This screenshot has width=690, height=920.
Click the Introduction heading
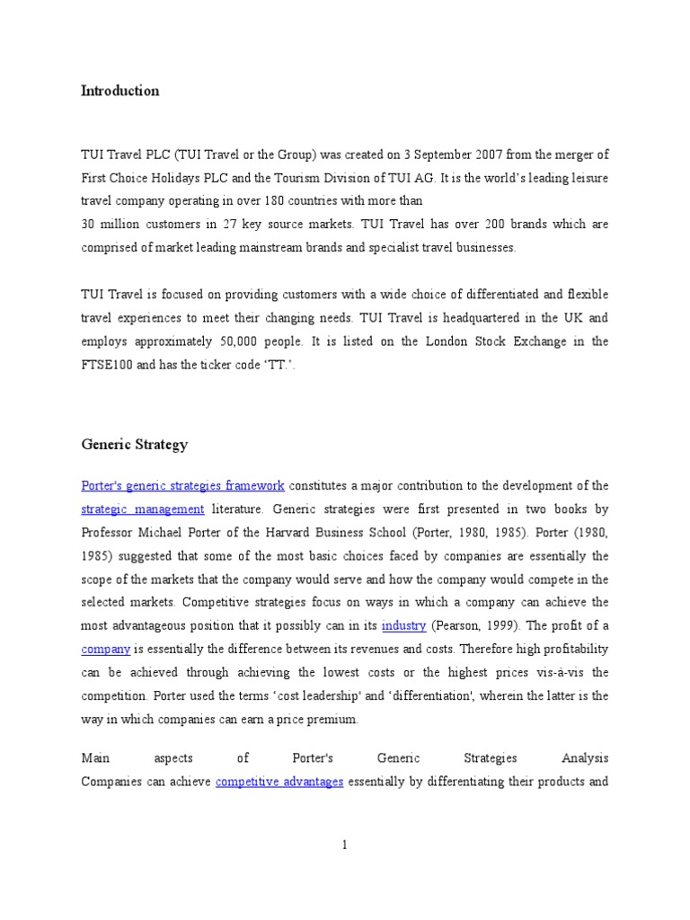point(119,91)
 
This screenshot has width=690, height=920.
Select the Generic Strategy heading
point(134,445)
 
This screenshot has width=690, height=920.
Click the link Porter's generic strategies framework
point(182,486)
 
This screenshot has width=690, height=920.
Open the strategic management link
point(143,509)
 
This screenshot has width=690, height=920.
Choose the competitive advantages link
point(279,782)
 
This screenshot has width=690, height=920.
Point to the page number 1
point(344,845)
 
